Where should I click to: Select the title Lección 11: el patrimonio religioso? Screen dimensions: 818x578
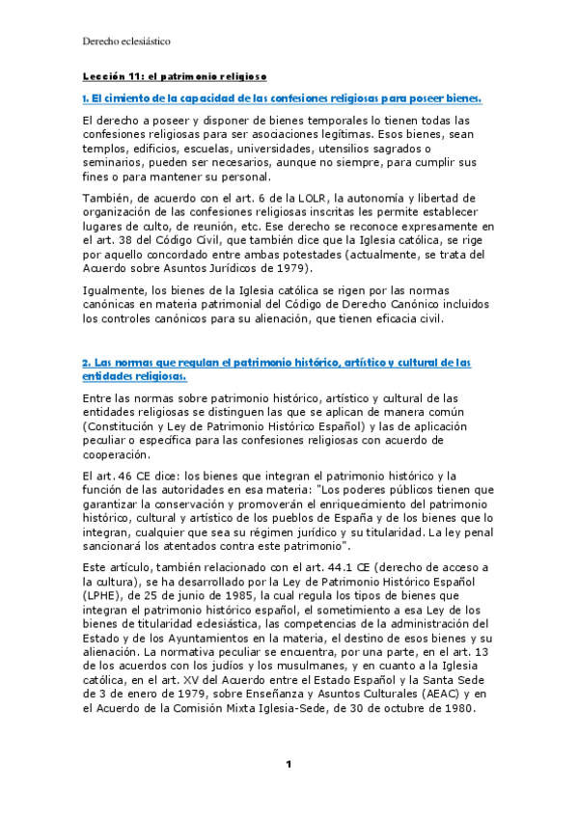[174, 76]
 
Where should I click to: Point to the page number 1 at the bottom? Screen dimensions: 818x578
[289, 764]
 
